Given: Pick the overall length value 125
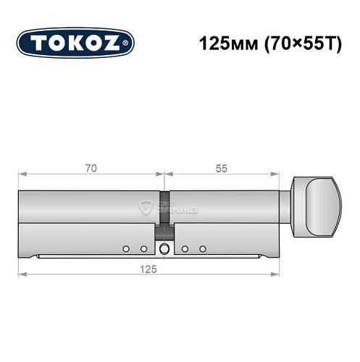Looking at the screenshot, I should tap(150, 267).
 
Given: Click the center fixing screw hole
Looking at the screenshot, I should tap(166, 250).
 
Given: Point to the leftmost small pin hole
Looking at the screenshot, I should tap(125, 249).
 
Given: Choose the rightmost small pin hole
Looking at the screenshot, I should tap(204, 249).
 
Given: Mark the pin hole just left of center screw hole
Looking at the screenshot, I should tap(143, 249).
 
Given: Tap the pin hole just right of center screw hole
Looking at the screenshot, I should tap(185, 249).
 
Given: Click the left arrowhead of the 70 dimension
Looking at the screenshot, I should tap(22, 174).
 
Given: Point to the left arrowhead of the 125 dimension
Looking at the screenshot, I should tap(22, 274).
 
